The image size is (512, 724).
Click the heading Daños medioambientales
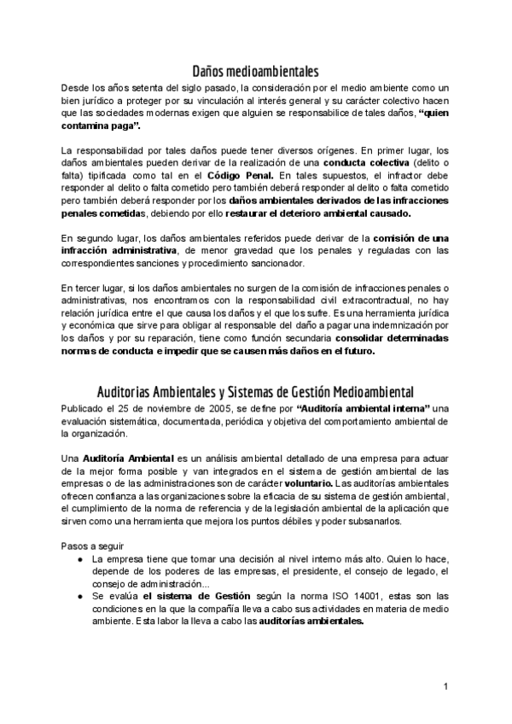coord(256,71)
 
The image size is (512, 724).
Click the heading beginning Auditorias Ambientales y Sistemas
coord(256,392)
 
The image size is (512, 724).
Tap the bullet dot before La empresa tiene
coord(79,558)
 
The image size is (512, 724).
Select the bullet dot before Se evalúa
coord(79,596)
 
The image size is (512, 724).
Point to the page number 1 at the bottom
coord(445,686)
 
